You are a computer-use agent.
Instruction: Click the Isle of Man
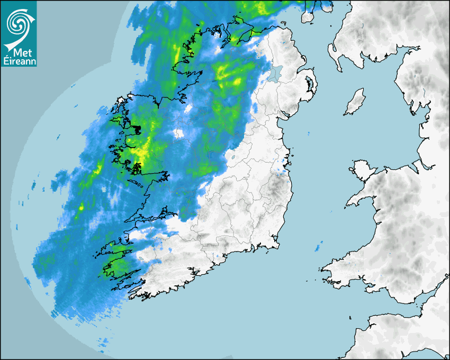[355, 102]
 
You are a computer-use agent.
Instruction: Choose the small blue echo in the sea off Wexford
[319, 247]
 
